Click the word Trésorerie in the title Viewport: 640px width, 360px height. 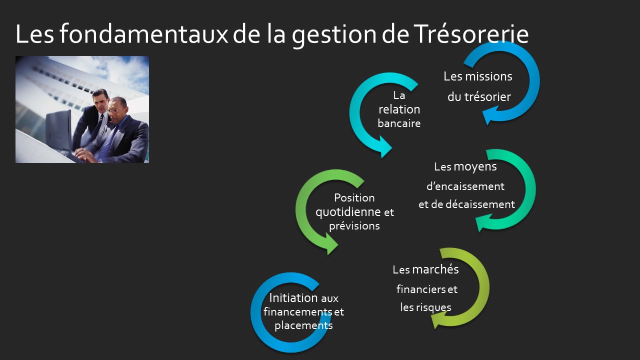471,34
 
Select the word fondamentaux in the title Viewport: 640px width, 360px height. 143,33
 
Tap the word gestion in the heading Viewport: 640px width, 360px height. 334,35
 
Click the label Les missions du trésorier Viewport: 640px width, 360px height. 478,86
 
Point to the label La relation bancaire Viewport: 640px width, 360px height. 399,109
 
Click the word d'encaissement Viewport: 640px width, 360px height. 465,186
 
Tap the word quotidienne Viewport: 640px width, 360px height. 348,212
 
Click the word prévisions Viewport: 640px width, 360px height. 354,226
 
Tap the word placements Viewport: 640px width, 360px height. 303,325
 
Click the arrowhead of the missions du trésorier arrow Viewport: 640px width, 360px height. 489,115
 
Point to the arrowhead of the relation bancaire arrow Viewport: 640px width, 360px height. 384,147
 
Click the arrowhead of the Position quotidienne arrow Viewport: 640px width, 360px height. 331,244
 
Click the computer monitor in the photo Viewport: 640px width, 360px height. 59,130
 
